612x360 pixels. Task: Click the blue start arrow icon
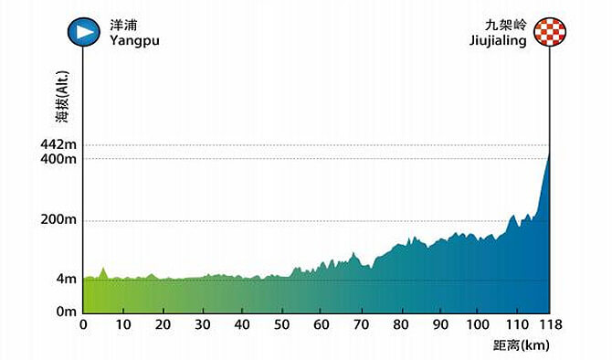pos(83,32)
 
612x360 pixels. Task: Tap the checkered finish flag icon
pos(549,33)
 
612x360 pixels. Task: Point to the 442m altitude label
pos(58,145)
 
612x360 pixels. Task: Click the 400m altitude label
pos(58,160)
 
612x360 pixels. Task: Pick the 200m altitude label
pos(58,220)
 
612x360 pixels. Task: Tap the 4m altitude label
pos(64,280)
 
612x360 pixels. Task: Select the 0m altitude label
pos(64,312)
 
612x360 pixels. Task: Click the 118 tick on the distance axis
pos(549,324)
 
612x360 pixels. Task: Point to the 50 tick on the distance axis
pos(282,324)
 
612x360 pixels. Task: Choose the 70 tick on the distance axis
pos(362,324)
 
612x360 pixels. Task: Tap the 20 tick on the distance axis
pos(163,324)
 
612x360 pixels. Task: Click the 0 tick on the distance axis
pos(83,324)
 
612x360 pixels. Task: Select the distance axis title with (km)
pos(518,345)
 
